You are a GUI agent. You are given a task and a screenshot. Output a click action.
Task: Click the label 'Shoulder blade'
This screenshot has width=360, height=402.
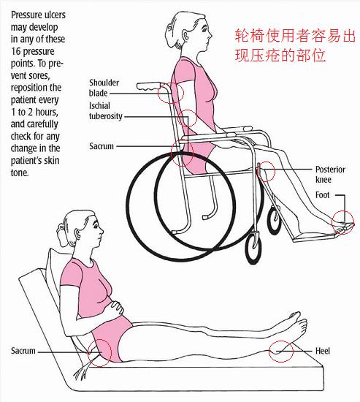point(104,88)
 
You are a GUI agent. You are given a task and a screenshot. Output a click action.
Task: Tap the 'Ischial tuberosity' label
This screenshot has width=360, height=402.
point(106,111)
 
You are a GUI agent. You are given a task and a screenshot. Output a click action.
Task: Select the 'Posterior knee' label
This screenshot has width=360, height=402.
point(330,175)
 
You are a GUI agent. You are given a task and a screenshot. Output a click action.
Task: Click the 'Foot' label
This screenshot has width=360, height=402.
point(322,195)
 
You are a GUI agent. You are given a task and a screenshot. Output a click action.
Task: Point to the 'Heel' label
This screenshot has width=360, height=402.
point(323,351)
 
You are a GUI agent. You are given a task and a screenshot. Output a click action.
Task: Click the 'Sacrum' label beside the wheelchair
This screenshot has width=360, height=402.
point(102,146)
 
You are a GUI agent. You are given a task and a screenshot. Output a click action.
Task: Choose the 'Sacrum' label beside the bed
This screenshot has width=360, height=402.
point(23,351)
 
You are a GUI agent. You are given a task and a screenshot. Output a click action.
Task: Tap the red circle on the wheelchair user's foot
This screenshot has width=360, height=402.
point(332,222)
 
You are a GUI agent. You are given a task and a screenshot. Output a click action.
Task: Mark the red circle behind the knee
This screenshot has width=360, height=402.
point(257,171)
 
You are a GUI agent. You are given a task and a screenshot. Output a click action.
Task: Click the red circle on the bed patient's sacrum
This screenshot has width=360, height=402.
point(88,352)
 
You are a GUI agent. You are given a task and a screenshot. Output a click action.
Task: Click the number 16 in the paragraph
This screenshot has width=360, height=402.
point(15,51)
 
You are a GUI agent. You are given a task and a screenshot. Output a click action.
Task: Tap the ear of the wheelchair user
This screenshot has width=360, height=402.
point(185,35)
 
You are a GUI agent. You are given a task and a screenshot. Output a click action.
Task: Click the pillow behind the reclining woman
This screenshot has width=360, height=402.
point(55,269)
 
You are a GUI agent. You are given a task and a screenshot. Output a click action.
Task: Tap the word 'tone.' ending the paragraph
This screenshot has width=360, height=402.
point(20,172)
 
